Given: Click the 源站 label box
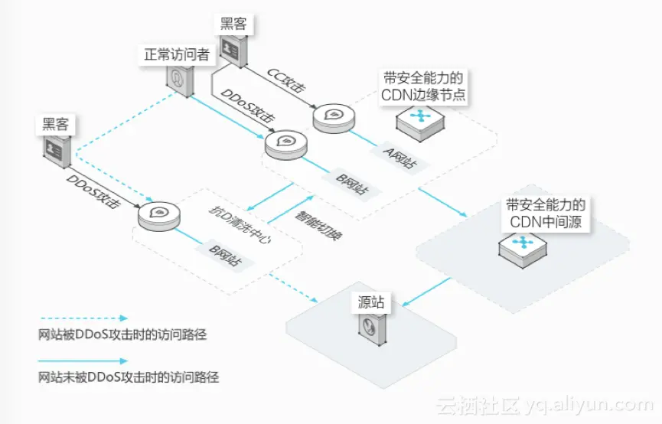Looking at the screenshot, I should pos(372,302).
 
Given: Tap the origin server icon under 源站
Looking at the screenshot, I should pos(371,328).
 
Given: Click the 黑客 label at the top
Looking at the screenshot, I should pos(233,23).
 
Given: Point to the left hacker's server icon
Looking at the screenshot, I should pos(57,151).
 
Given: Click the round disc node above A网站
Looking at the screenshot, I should pos(334,117).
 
